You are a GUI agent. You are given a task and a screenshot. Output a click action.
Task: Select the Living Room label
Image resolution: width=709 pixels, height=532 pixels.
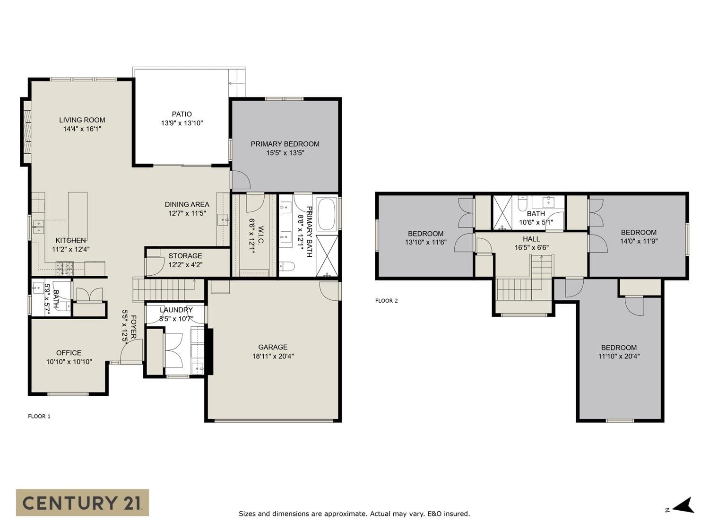click(x=82, y=120)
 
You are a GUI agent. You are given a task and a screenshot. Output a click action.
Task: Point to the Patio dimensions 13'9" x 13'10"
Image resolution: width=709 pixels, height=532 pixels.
click(x=182, y=123)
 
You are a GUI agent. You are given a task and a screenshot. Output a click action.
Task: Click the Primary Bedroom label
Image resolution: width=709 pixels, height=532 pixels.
click(x=285, y=144)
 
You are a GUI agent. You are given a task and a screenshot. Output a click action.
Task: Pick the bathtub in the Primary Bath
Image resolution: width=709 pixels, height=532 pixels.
click(x=327, y=214)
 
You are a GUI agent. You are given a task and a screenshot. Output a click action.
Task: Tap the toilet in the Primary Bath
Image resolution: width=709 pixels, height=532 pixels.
click(x=287, y=267)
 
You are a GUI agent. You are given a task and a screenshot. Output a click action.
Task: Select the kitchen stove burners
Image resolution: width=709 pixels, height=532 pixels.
click(x=65, y=269)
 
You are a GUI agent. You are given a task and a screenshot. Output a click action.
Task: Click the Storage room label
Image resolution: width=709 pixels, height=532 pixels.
click(x=185, y=256)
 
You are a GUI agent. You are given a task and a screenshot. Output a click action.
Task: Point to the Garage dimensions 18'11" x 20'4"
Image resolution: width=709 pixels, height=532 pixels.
click(x=273, y=356)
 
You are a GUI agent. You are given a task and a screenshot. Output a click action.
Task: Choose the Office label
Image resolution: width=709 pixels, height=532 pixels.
click(x=69, y=353)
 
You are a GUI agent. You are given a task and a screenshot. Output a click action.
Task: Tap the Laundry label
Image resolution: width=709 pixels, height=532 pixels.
click(x=176, y=310)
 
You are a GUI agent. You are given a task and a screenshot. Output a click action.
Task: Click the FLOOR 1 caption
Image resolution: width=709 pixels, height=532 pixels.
click(x=39, y=416)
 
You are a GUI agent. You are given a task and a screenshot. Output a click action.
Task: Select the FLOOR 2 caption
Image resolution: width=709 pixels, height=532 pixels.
click(x=386, y=301)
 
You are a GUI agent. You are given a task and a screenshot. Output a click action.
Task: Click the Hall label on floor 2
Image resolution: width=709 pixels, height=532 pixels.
click(x=531, y=239)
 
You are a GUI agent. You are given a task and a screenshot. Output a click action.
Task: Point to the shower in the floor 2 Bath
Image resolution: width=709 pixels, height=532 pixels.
click(x=502, y=212)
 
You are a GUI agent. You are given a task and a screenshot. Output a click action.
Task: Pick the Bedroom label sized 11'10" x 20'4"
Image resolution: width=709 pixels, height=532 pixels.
click(x=619, y=348)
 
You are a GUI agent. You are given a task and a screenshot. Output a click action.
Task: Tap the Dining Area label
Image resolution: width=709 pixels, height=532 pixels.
click(x=187, y=204)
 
